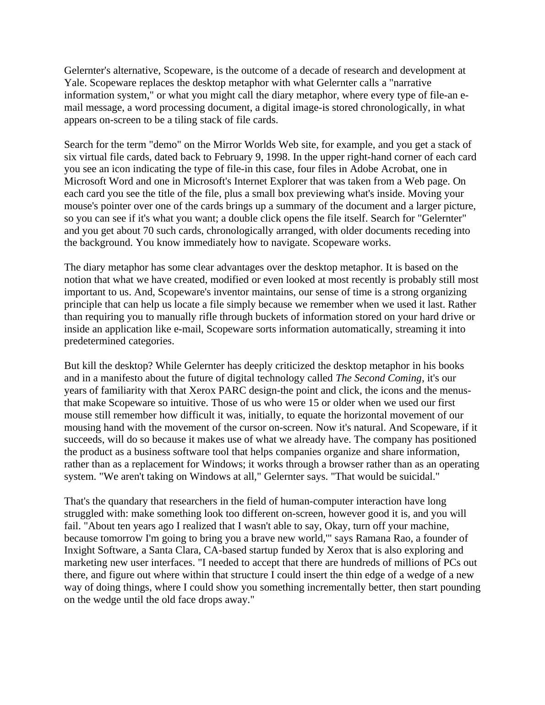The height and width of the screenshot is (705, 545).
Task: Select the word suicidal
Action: coord(418,477)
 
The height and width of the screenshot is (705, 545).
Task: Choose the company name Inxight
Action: coord(79,550)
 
